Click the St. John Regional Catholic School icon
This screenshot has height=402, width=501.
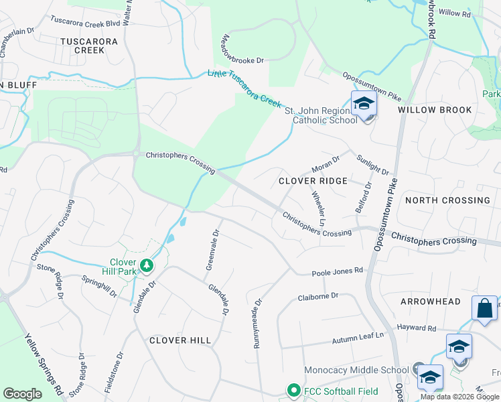(364, 105)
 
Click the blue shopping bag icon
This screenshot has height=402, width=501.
(484, 309)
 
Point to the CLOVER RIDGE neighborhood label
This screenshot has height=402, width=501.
(313, 181)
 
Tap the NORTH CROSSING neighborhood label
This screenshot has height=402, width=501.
(447, 200)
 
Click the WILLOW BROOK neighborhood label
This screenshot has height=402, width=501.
(435, 110)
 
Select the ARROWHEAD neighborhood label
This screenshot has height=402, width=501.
(430, 302)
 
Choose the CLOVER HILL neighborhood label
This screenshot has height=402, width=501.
(180, 340)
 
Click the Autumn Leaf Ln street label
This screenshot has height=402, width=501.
(361, 338)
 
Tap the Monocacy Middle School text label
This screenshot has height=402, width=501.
(356, 370)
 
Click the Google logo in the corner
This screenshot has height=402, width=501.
(23, 394)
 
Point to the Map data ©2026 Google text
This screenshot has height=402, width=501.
(459, 397)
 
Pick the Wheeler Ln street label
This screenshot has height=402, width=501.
(318, 208)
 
